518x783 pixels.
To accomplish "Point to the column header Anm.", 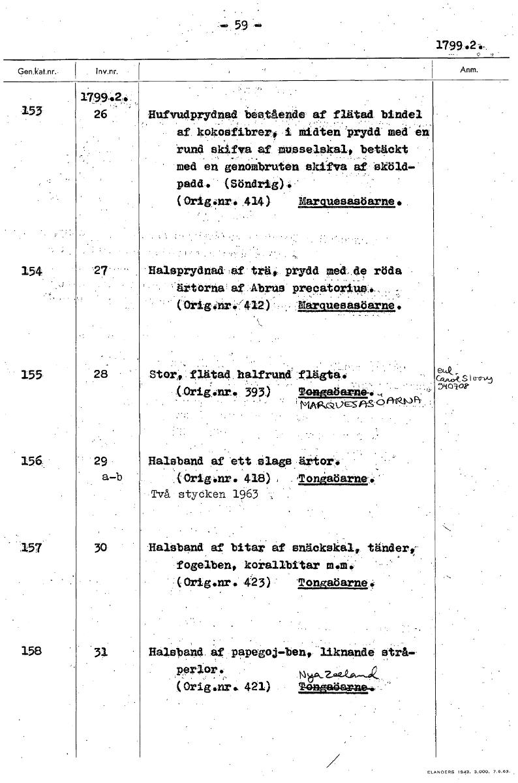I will (x=469, y=70).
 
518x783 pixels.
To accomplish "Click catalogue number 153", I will (x=31, y=112).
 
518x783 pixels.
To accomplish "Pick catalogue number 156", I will (x=31, y=461).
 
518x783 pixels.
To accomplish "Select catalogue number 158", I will (x=31, y=651).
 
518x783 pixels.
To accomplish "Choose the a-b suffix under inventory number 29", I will (x=113, y=477).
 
